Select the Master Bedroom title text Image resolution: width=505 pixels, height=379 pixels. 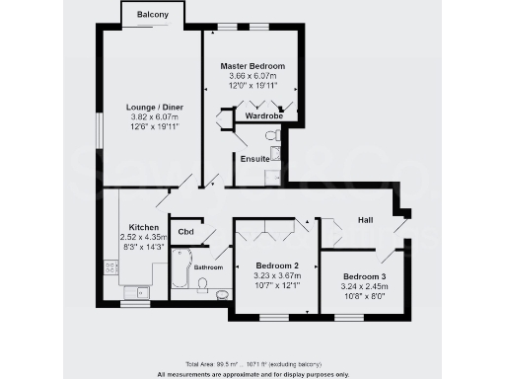pos(252,65)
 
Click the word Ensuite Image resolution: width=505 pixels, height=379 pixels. pos(254,157)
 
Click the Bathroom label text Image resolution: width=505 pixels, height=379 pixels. pos(208,267)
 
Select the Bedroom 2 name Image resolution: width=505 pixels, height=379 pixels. pos(276,266)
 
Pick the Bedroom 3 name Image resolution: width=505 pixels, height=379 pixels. pos(364,275)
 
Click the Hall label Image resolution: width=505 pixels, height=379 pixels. pos(365,219)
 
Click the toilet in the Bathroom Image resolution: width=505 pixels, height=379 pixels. pos(201,285)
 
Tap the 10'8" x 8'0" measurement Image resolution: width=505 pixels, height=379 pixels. pos(364,295)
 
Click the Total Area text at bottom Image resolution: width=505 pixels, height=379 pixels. pos(252,364)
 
